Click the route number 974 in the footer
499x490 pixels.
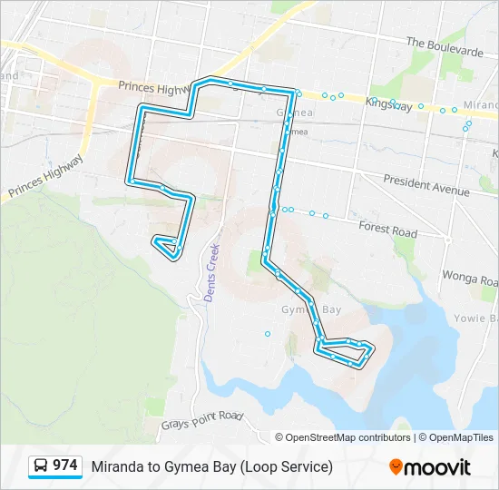tap(65, 465)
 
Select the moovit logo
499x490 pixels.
tap(430, 466)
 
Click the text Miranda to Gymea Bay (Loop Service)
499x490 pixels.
tap(211, 466)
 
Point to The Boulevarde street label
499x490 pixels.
tap(445, 47)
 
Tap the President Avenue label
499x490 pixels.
tap(426, 186)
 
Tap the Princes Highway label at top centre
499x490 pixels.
tap(152, 87)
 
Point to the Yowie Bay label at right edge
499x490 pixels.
tap(480, 319)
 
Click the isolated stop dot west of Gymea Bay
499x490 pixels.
tap(268, 334)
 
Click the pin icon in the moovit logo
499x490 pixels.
tap(396, 467)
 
